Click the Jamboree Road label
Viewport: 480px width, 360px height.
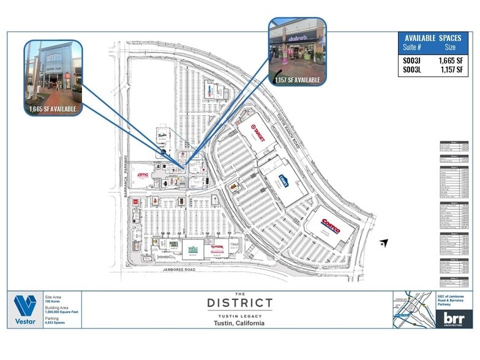pyautogui.click(x=182, y=269)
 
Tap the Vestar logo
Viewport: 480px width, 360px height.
pyautogui.click(x=25, y=310)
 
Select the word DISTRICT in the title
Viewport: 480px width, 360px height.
pyautogui.click(x=239, y=302)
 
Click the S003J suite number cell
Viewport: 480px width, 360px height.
pyautogui.click(x=411, y=60)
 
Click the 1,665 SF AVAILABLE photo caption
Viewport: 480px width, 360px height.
pyautogui.click(x=53, y=109)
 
